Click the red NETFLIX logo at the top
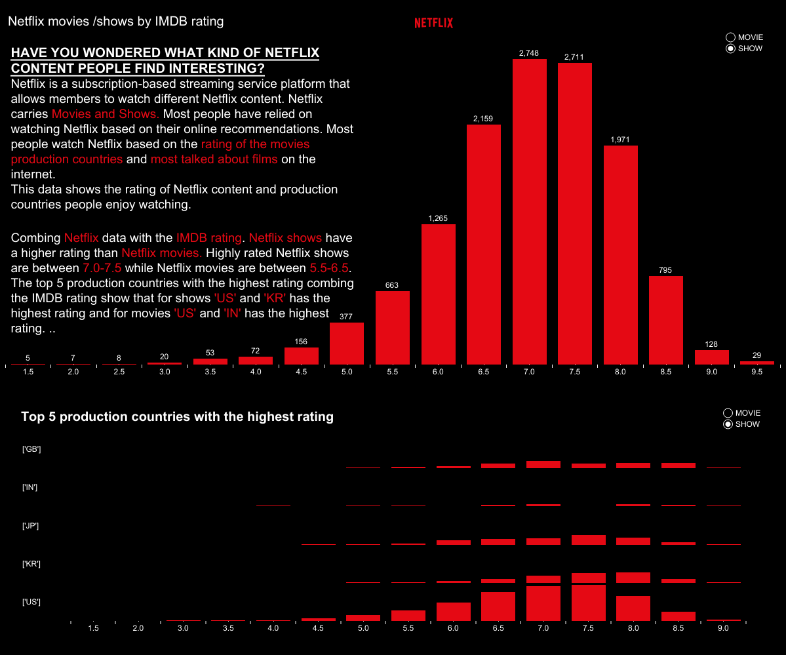pos(433,23)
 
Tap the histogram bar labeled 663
pos(393,327)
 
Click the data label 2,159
pos(483,119)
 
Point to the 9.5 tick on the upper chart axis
pos(757,372)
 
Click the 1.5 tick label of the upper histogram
pos(28,372)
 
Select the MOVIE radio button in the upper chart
pos(731,37)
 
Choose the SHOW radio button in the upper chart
pos(731,49)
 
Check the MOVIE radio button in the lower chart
pos(728,413)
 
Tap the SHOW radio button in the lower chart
pos(728,424)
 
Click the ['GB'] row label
pos(31,449)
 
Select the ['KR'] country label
pos(31,564)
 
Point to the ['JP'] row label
pos(31,526)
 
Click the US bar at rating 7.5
pos(588,603)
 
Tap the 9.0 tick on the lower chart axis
pos(723,628)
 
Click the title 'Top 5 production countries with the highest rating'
pos(177,416)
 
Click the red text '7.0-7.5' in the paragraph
pos(102,268)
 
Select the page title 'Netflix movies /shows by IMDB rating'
pos(115,22)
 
